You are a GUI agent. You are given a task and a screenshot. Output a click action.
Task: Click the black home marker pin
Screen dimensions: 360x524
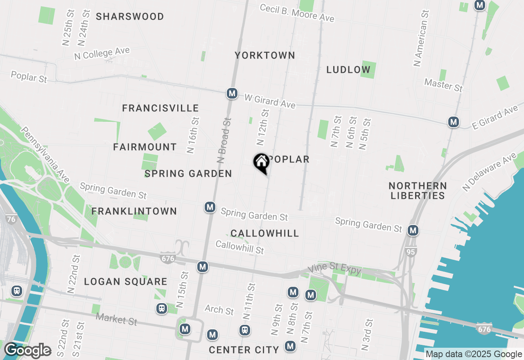[261, 163]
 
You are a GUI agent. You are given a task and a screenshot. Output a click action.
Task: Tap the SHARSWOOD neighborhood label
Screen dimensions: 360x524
[130, 17]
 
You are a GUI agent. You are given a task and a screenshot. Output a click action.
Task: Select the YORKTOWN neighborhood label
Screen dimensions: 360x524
[265, 55]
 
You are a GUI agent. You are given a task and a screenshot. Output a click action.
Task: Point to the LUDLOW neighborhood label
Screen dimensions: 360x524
[348, 70]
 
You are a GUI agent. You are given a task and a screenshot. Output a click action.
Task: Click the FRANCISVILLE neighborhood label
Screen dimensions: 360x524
[160, 108]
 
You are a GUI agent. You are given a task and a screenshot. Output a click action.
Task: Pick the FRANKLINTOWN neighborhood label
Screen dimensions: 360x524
[134, 211]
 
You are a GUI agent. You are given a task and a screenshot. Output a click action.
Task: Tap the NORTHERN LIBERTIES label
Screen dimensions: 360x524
[418, 191]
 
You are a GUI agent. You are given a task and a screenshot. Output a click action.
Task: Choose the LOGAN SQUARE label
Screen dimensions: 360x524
[126, 282]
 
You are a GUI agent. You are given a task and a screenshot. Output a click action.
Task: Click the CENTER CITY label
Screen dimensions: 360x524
[244, 350]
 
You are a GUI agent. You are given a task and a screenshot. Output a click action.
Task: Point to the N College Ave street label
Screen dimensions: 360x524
[102, 54]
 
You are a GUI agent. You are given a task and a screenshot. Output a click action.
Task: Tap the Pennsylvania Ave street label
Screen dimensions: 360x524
[45, 155]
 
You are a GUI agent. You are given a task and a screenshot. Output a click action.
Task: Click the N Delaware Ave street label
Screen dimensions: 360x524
[490, 171]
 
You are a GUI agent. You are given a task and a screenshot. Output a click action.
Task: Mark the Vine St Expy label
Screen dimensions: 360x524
[335, 269]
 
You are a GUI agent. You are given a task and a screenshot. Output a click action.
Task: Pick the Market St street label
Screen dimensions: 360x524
[116, 319]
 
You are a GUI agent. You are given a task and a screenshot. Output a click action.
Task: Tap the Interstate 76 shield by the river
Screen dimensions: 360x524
[11, 219]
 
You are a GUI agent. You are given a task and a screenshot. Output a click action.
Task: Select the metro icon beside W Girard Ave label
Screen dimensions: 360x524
[232, 93]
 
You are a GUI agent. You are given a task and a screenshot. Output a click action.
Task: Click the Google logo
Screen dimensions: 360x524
[27, 351]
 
